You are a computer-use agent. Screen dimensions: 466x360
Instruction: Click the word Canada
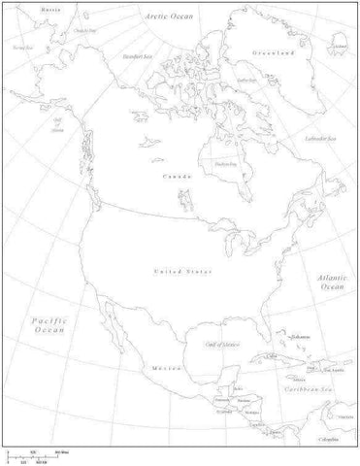[x=177, y=178]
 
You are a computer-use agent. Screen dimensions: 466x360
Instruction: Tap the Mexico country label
[x=160, y=369]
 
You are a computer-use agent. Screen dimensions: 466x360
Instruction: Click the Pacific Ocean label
[x=46, y=324]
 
